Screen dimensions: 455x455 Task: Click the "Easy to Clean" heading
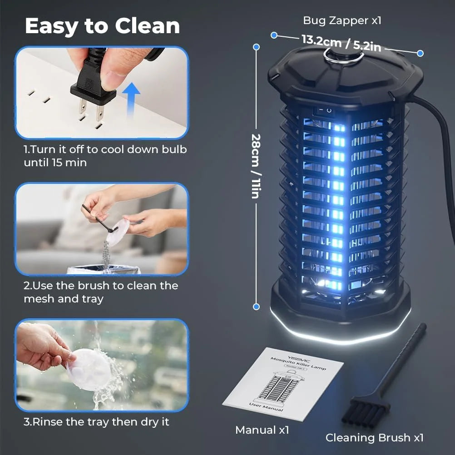[102, 26]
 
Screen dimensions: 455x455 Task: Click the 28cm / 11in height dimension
[255, 165]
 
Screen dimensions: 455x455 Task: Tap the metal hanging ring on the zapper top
[343, 54]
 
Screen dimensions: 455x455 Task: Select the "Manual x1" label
[262, 430]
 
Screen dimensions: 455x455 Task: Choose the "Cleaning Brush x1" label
[374, 438]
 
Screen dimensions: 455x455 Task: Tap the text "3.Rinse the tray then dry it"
[96, 422]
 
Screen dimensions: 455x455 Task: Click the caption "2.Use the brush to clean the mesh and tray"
[101, 292]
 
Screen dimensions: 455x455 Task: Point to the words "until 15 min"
[55, 163]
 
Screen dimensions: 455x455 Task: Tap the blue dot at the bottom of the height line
[257, 307]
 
